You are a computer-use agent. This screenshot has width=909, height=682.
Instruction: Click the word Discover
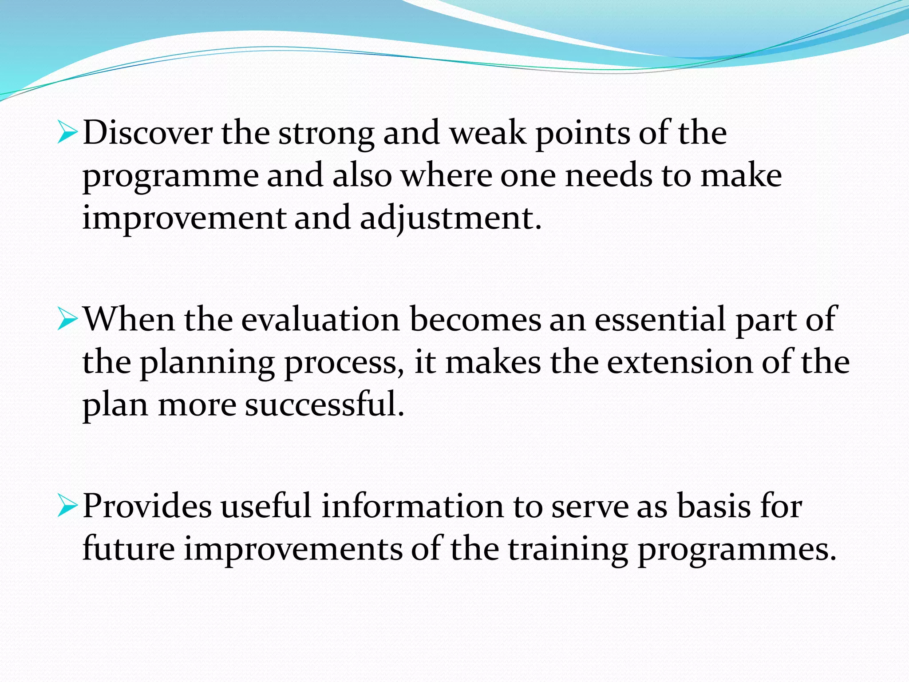147,133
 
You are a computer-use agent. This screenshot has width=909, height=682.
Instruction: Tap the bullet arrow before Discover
67,134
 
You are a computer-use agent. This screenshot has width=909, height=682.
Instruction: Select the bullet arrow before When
67,320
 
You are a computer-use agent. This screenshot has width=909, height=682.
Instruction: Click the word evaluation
320,320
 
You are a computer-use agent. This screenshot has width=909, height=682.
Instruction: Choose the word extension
680,362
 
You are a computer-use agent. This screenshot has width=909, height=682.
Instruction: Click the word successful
324,404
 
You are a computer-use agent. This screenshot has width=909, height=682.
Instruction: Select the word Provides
147,507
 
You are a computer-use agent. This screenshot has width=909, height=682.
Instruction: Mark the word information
412,507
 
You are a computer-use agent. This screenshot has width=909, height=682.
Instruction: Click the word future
129,549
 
